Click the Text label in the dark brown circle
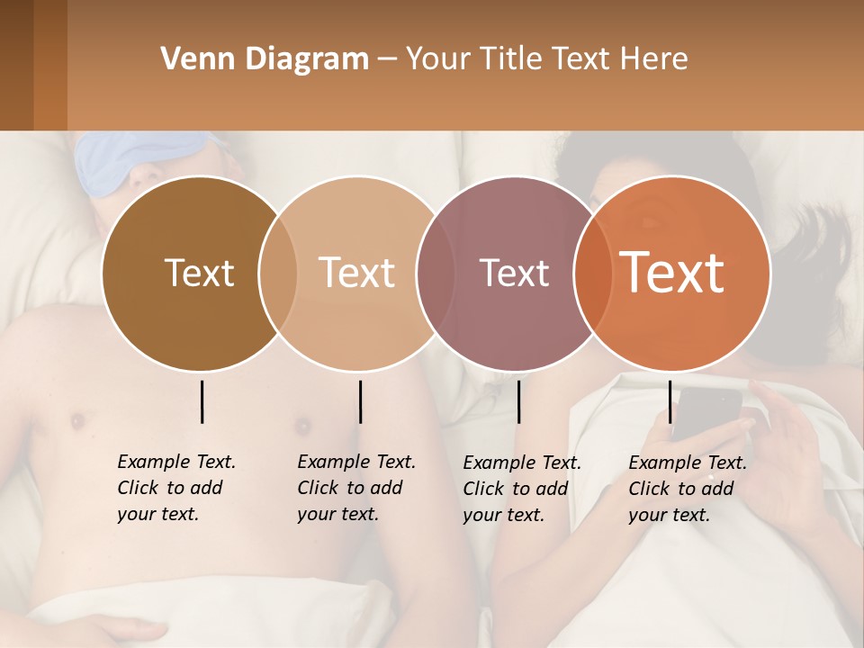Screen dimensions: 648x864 [x=199, y=273]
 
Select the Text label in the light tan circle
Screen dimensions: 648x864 [x=357, y=273]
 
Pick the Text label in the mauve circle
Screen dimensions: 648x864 [x=515, y=273]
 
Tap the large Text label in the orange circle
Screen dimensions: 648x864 [x=672, y=273]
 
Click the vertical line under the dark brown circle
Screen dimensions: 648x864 [x=202, y=401]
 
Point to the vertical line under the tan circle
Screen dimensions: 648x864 [x=360, y=401]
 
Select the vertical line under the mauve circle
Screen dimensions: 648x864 [x=518, y=401]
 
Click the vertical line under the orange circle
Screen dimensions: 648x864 [x=670, y=401]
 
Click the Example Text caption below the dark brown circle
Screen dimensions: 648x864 [x=175, y=488]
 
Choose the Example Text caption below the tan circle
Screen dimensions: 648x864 [x=355, y=488]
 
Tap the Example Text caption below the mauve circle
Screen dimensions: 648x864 [x=521, y=489]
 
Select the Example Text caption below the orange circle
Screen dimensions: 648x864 [x=687, y=489]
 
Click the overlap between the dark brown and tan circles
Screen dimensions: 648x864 [x=278, y=273]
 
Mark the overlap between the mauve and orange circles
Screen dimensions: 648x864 [x=592, y=273]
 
